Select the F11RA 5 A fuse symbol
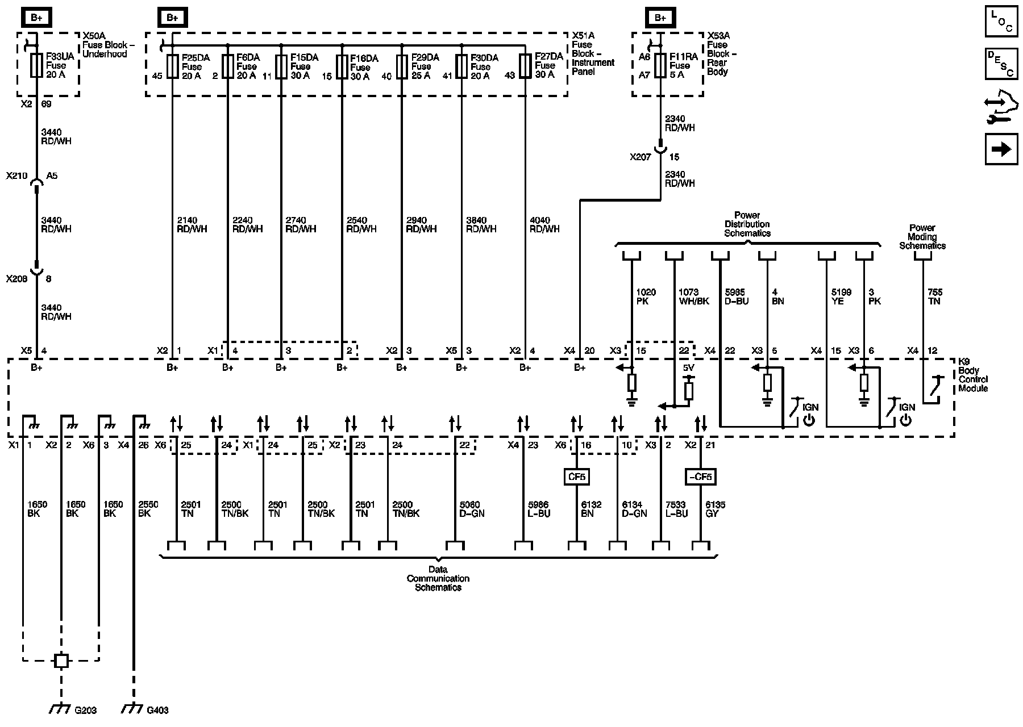[660, 65]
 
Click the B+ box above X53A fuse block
[660, 18]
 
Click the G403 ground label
[157, 710]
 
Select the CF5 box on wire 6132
[576, 477]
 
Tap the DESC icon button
[1001, 63]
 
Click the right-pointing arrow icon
[1001, 149]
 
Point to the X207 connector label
[640, 157]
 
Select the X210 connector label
[16, 176]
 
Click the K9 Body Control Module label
[973, 375]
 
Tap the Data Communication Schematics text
[438, 578]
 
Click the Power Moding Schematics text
[922, 237]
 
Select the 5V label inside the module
[688, 368]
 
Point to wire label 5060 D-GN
[469, 509]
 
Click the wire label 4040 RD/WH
[544, 224]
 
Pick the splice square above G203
[61, 661]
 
